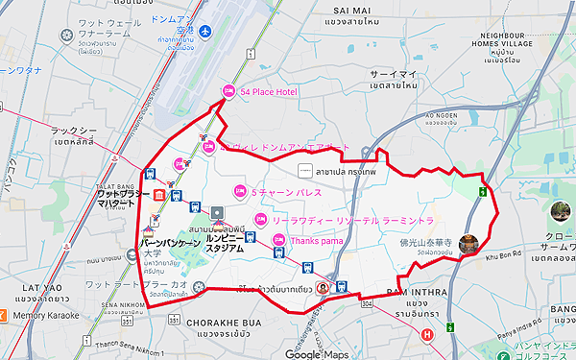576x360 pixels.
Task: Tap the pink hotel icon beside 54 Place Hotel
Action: pyautogui.click(x=228, y=92)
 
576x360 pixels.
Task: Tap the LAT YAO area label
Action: pyautogui.click(x=30, y=288)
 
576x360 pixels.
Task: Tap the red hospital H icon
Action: pyautogui.click(x=426, y=334)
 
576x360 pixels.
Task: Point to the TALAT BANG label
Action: pyautogui.click(x=120, y=185)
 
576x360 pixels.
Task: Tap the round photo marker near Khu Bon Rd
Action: pyautogui.click(x=469, y=245)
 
